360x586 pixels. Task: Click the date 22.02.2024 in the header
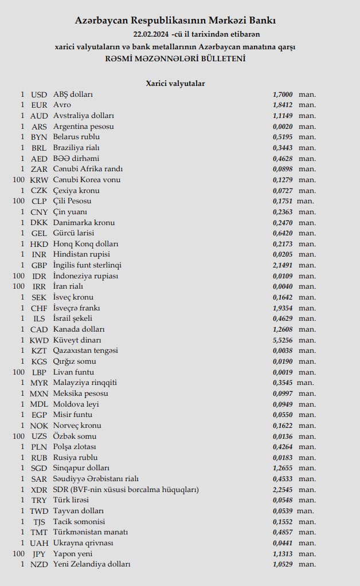pyautogui.click(x=151, y=34)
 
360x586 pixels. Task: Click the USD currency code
pyautogui.click(x=39, y=95)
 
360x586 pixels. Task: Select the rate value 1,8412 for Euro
pyautogui.click(x=283, y=105)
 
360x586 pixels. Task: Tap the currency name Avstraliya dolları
pyautogui.click(x=84, y=116)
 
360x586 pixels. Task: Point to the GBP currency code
pyautogui.click(x=39, y=265)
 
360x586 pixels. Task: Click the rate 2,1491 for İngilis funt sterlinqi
pyautogui.click(x=283, y=265)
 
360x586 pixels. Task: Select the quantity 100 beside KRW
pyautogui.click(x=18, y=180)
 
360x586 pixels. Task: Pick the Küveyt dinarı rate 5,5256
pyautogui.click(x=283, y=340)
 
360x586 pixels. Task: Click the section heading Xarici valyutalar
pyautogui.click(x=175, y=84)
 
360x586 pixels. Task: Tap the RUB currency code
pyautogui.click(x=39, y=458)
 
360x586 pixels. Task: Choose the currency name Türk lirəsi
pyautogui.click(x=71, y=500)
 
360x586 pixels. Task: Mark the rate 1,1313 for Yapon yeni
pyautogui.click(x=283, y=554)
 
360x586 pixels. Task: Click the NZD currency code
pyautogui.click(x=39, y=564)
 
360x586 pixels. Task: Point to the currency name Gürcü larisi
pyautogui.click(x=74, y=233)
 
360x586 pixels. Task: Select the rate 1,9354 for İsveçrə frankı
pyautogui.click(x=283, y=308)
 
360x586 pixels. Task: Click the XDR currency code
pyautogui.click(x=39, y=490)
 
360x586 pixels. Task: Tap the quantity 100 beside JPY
pyautogui.click(x=18, y=554)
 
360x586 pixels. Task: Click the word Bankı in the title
pyautogui.click(x=264, y=21)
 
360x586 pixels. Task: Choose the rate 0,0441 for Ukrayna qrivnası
pyautogui.click(x=283, y=543)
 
